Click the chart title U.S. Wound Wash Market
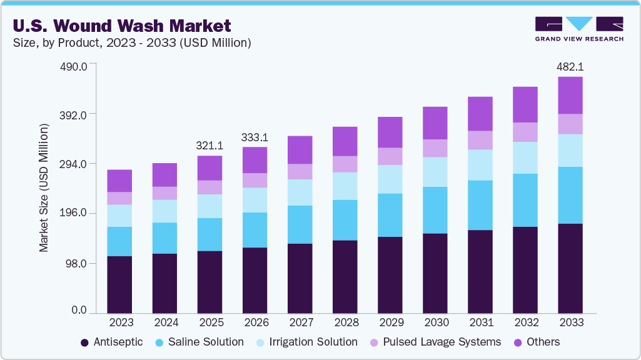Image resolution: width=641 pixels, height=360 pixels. [121, 26]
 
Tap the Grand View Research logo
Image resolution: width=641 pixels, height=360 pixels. [578, 29]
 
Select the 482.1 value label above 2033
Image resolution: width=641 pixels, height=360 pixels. [570, 66]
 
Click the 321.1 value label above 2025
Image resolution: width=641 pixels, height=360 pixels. [209, 145]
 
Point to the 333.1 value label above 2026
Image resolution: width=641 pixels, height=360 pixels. [255, 137]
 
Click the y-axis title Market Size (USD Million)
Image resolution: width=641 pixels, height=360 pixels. [44, 187]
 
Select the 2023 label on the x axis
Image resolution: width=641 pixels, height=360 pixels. [119, 322]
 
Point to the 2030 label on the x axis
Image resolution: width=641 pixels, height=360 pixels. [435, 322]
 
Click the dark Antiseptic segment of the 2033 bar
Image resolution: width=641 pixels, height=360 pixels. [570, 268]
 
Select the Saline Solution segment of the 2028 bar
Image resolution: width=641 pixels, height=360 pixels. [345, 220]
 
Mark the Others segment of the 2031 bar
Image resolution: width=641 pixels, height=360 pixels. [480, 114]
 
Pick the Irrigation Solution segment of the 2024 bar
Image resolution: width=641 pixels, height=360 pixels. [164, 211]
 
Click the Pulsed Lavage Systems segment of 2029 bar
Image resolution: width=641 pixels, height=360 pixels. [390, 156]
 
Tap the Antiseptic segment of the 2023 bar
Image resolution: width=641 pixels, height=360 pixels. [119, 284]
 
